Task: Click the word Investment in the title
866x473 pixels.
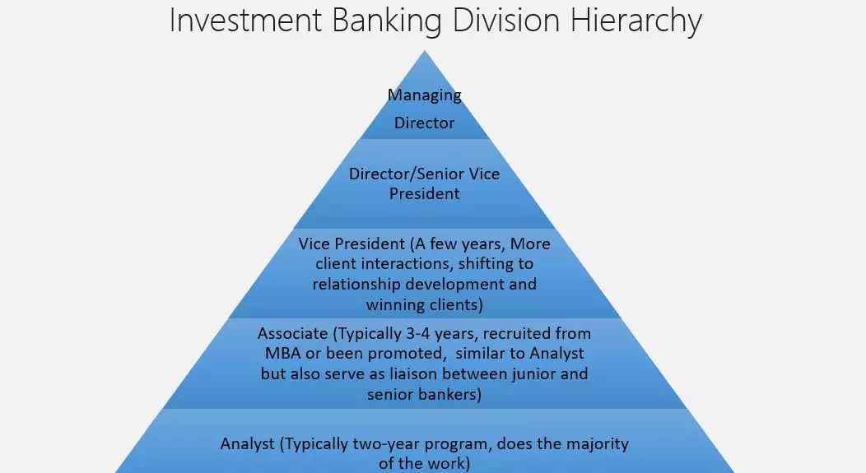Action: pyautogui.click(x=245, y=20)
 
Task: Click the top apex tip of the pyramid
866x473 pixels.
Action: pyautogui.click(x=424, y=51)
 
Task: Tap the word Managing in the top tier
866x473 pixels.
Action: pyautogui.click(x=424, y=95)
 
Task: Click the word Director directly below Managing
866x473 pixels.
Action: pyautogui.click(x=424, y=123)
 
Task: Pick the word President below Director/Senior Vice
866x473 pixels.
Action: pyautogui.click(x=424, y=194)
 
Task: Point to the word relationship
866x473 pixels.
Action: pyautogui.click(x=356, y=285)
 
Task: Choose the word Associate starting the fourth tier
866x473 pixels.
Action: pyautogui.click(x=293, y=333)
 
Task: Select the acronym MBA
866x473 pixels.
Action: pyautogui.click(x=283, y=353)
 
